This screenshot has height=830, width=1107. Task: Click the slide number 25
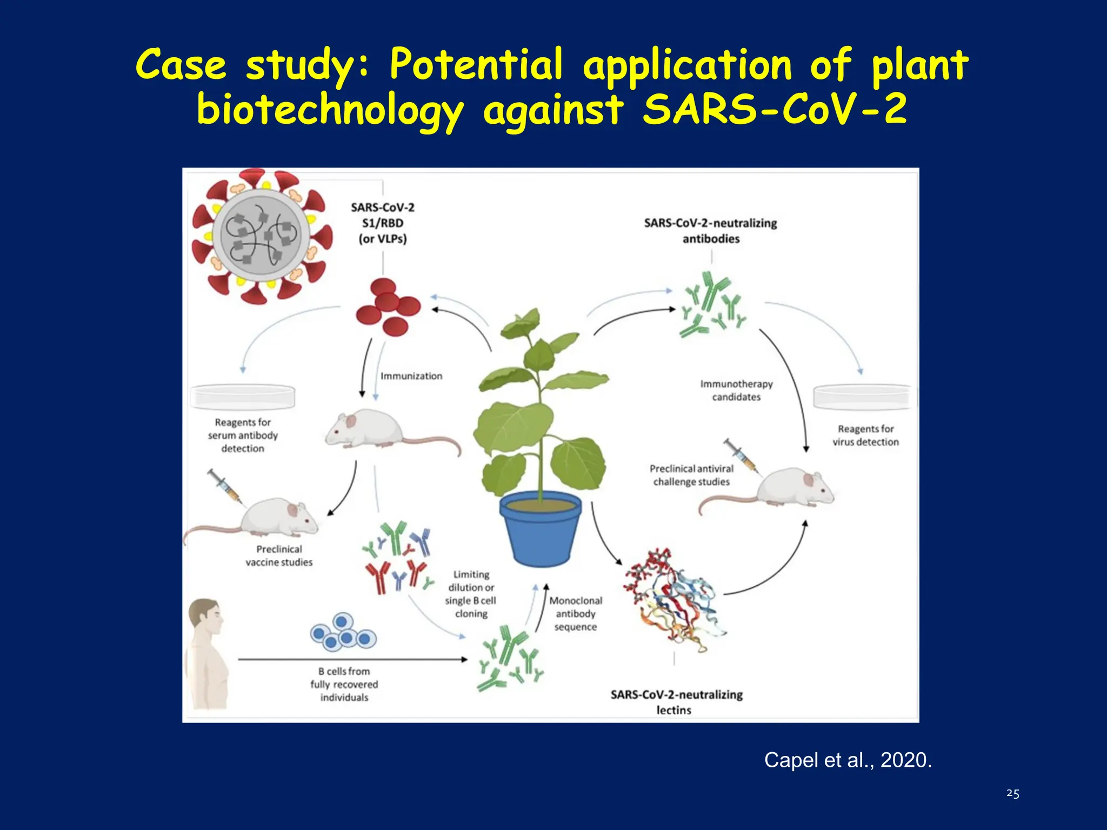point(1012,793)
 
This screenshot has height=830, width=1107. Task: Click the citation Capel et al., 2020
point(848,760)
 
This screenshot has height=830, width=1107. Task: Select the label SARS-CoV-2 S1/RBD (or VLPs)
point(383,223)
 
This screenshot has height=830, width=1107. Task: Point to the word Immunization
point(411,376)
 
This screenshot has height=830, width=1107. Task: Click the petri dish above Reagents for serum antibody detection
point(243,397)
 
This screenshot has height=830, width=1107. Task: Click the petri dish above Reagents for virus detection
point(863,397)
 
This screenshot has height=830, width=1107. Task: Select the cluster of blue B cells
point(343,632)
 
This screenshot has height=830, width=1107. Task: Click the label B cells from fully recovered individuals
point(344,684)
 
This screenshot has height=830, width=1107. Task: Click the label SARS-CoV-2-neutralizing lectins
point(676,701)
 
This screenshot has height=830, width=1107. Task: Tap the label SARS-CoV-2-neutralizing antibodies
point(710,231)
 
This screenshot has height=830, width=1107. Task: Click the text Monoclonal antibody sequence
point(576,614)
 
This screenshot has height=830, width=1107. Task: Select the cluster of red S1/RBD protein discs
point(387,308)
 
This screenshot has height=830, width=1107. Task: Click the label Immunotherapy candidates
point(736,390)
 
